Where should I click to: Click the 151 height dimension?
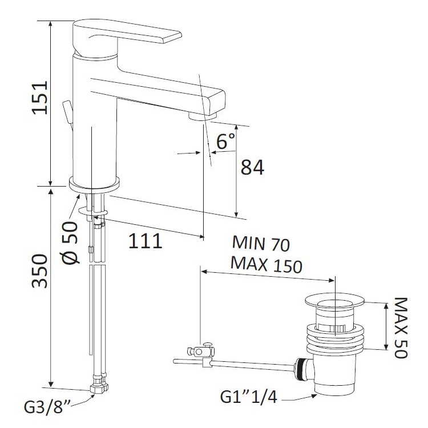tap(38, 98)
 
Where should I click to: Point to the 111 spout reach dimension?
tap(144, 241)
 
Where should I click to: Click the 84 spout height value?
tap(252, 167)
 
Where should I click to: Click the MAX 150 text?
tap(266, 264)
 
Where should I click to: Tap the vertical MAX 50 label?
tap(400, 327)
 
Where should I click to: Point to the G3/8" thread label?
tap(46, 408)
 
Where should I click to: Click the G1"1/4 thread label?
tap(250, 397)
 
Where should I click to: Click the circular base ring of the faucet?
tap(94, 184)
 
